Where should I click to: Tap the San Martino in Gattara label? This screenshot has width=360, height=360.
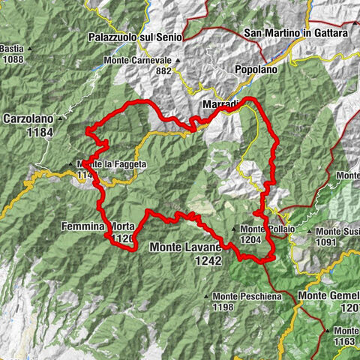pyautogui.click(x=295, y=33)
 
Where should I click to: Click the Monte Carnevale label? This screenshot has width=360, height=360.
pyautogui.click(x=139, y=59)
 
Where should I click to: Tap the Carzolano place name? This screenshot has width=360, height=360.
pyautogui.click(x=31, y=118)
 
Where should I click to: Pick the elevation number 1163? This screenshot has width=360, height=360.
pyautogui.click(x=346, y=341)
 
